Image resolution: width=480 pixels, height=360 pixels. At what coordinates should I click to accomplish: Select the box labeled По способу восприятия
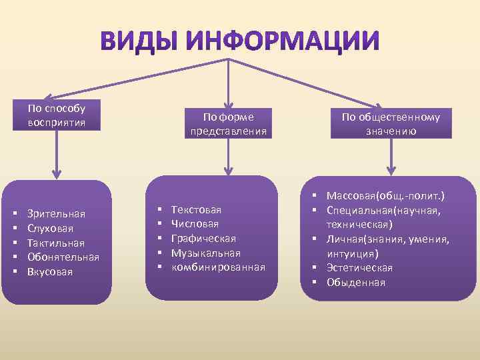point(57,115)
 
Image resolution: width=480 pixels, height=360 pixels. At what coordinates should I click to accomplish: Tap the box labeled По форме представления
point(229,123)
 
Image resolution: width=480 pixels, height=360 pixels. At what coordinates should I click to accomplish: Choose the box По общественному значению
point(391,123)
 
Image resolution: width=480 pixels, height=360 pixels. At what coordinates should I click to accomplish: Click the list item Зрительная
point(56,213)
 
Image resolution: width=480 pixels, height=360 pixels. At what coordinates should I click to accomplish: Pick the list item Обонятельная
point(63,257)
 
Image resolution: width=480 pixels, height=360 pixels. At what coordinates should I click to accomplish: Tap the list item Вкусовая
point(50,272)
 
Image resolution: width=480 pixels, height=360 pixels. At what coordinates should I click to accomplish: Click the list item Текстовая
point(196,209)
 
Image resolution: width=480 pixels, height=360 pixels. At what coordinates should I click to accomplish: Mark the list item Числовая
point(195,224)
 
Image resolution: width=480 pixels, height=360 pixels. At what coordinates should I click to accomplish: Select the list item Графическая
point(203,239)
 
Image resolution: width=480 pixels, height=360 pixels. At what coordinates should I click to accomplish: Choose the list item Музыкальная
point(205,253)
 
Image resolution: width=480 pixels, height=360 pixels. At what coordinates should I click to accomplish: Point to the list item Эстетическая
point(359,268)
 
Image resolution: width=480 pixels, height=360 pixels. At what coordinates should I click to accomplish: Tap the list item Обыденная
point(355,282)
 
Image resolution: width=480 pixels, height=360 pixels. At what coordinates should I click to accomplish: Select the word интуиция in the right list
point(351,253)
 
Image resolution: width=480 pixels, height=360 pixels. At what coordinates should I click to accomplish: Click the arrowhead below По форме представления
point(229,169)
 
